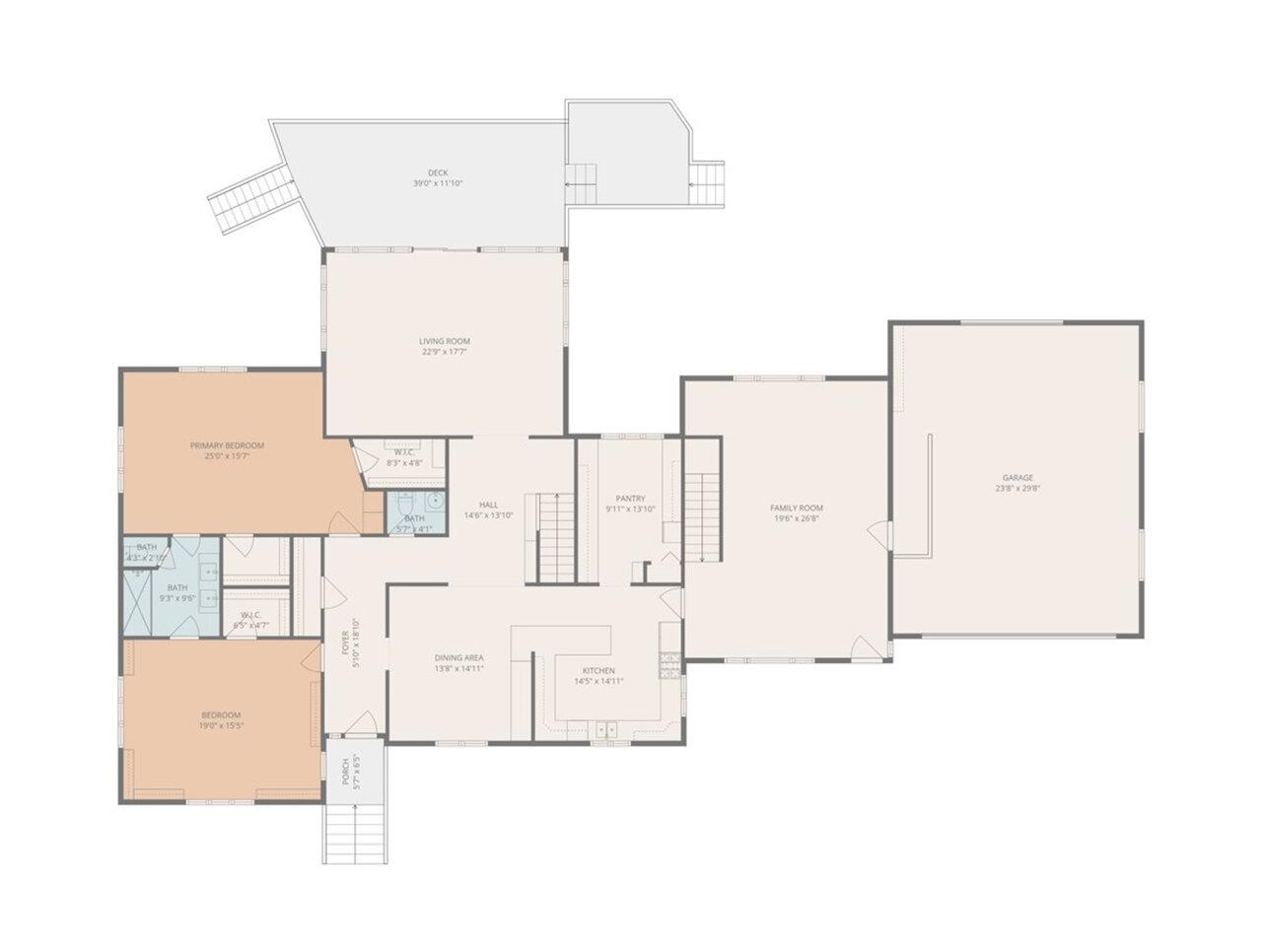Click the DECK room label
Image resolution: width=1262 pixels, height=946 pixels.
[x=438, y=172]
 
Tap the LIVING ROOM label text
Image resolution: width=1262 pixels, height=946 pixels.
[x=444, y=341]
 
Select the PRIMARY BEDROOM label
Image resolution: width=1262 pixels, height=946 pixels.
[x=227, y=445]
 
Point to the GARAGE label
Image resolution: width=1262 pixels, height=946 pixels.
[x=1017, y=478]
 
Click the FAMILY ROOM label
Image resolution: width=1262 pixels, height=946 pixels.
[x=796, y=507]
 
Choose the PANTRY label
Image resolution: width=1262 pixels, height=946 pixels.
[x=630, y=499]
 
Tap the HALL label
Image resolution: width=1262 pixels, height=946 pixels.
[x=488, y=505]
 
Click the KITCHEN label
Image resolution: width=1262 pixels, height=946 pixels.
[x=598, y=671]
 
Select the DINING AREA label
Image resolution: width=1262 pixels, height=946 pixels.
[x=458, y=658]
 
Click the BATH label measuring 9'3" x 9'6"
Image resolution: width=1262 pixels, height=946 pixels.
[x=177, y=588]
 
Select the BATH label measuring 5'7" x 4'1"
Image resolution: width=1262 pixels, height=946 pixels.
[x=414, y=518]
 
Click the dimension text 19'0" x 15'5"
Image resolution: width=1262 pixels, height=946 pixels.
[x=221, y=725]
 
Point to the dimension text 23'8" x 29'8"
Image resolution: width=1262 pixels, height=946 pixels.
[x=1017, y=488]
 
